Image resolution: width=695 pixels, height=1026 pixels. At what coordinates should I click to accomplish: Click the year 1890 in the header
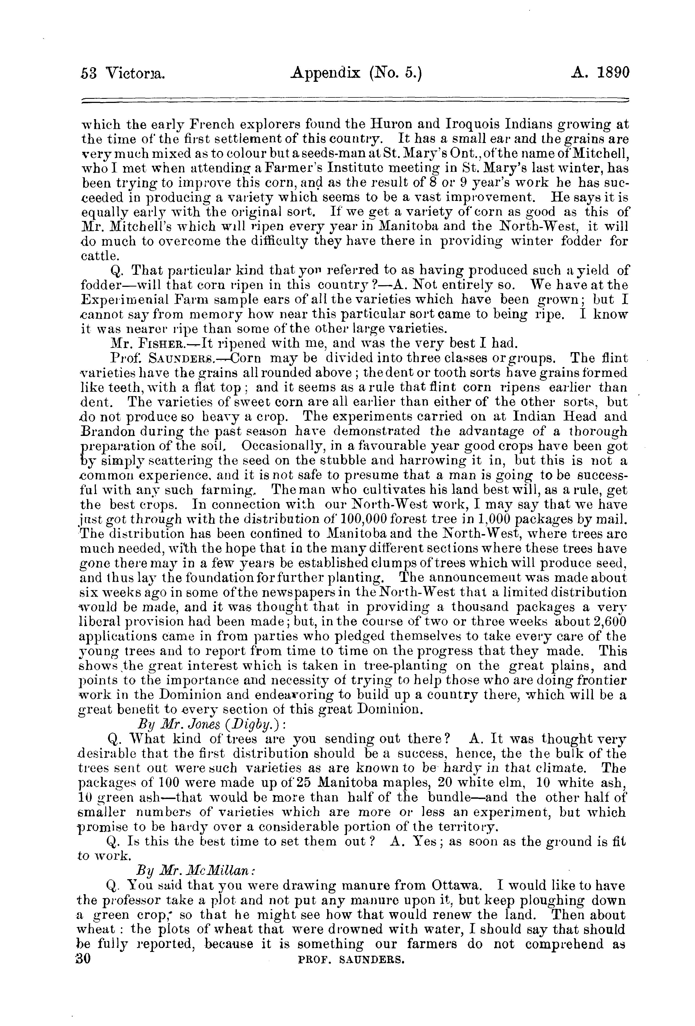pos(609,73)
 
